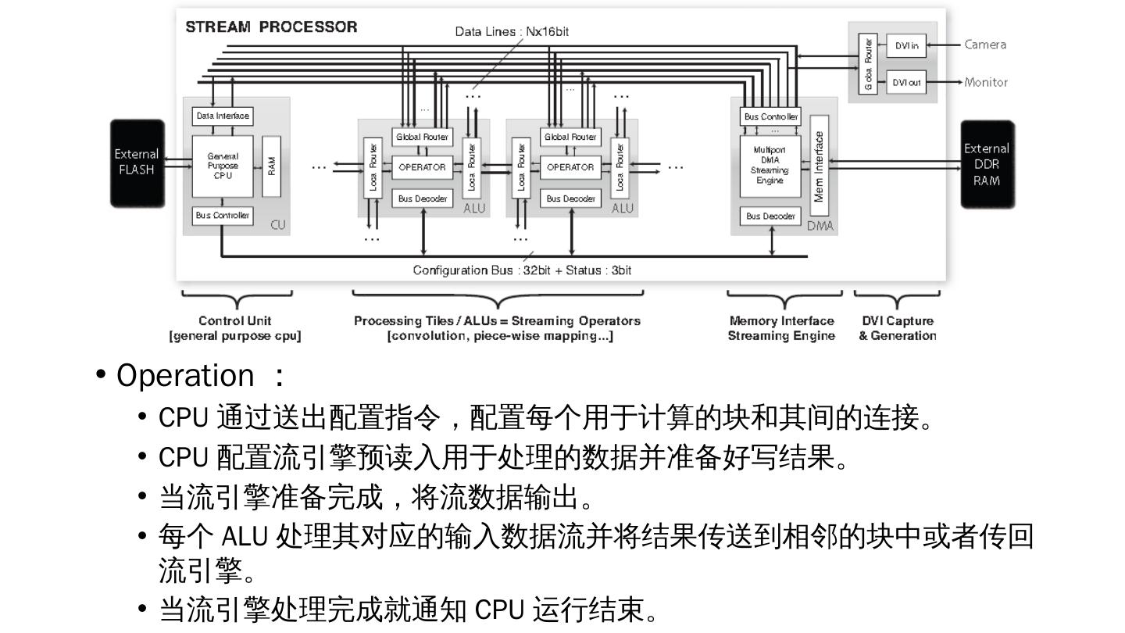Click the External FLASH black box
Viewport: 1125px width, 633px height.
pyautogui.click(x=137, y=163)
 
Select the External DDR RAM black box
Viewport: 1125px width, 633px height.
pyautogui.click(x=987, y=164)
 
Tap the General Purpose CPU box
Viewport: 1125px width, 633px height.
pyautogui.click(x=223, y=166)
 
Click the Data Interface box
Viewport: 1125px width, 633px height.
pyautogui.click(x=223, y=116)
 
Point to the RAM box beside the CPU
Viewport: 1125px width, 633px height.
pyautogui.click(x=271, y=166)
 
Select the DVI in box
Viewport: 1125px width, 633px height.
pyautogui.click(x=905, y=45)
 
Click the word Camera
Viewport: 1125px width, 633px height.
pyautogui.click(x=985, y=45)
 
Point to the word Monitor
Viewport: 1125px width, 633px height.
pyautogui.click(x=986, y=82)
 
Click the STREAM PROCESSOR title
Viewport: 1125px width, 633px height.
pyautogui.click(x=271, y=27)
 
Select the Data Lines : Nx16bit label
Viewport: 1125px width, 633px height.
pyautogui.click(x=517, y=32)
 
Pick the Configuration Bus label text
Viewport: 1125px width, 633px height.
pyautogui.click(x=522, y=270)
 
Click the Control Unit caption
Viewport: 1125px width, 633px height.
pyautogui.click(x=235, y=320)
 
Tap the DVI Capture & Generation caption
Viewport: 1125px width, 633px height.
pyautogui.click(x=898, y=328)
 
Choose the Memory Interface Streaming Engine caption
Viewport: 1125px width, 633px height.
pyautogui.click(x=781, y=328)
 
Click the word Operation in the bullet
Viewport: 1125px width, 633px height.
pyautogui.click(x=185, y=376)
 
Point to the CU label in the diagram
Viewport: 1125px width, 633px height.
pyautogui.click(x=277, y=225)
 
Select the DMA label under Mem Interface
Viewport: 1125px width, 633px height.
pyautogui.click(x=820, y=227)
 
